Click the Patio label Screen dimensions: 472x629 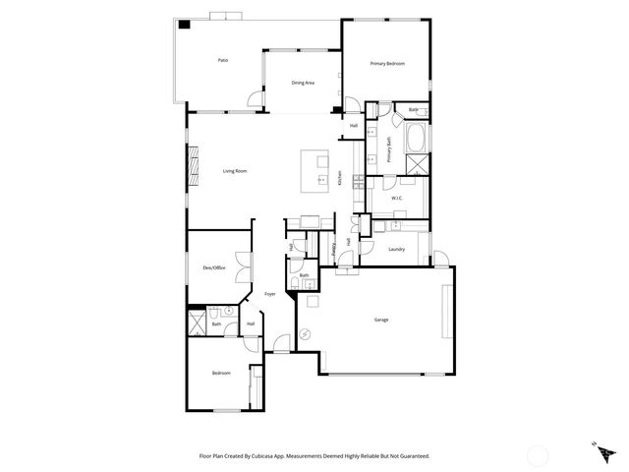pyautogui.click(x=223, y=61)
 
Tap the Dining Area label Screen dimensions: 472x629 pyautogui.click(x=303, y=83)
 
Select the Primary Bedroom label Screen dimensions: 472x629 pyautogui.click(x=387, y=64)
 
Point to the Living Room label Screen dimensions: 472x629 pyautogui.click(x=234, y=171)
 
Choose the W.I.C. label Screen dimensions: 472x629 pyautogui.click(x=397, y=198)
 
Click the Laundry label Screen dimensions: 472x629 pyautogui.click(x=397, y=249)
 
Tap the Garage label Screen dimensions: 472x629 pyautogui.click(x=380, y=321)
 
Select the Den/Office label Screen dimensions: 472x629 pyautogui.click(x=213, y=267)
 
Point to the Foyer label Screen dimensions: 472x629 pyautogui.click(x=269, y=294)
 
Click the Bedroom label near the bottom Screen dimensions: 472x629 pyautogui.click(x=221, y=373)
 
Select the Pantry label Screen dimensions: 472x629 pyautogui.click(x=334, y=250)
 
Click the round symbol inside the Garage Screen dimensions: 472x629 pyautogui.click(x=304, y=333)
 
